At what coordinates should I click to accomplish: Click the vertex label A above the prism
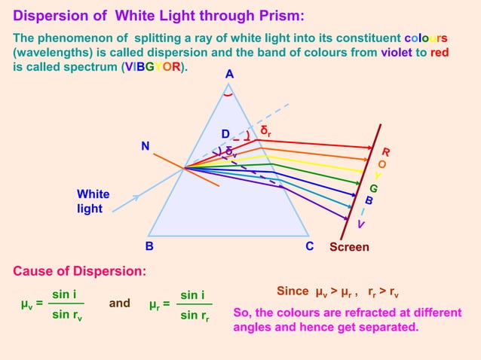pos(229,75)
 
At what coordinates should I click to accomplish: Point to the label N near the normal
pos(146,146)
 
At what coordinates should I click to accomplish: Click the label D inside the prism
pos(225,134)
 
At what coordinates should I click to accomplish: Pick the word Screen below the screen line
pos(350,247)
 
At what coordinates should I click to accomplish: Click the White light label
pos(93,201)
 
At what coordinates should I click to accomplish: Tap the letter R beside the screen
pos(386,151)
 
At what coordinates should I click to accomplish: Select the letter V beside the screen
pos(361,224)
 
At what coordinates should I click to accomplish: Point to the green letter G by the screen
pos(373,188)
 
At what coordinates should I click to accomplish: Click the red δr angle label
pos(265,131)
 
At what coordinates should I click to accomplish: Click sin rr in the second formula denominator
pos(195,316)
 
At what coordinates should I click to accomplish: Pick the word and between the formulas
pos(119,304)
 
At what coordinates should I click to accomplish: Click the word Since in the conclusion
pos(293,291)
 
